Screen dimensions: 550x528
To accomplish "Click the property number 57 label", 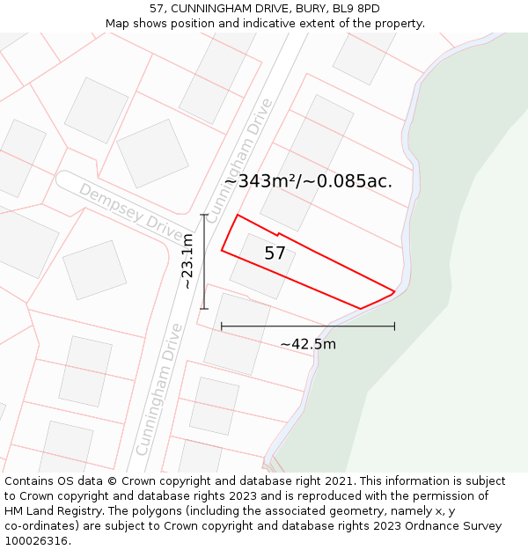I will point(275,253).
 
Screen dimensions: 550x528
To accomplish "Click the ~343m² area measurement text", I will point(260,181).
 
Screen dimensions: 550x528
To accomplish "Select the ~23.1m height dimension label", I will point(187,261).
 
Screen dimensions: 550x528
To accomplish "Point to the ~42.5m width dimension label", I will point(308,344).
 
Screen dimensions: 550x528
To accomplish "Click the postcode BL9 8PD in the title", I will point(358,9).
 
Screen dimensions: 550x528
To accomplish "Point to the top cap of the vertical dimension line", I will point(204,215).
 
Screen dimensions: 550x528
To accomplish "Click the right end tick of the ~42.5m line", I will point(394,326).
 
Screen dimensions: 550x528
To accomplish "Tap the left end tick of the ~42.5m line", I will point(222,326).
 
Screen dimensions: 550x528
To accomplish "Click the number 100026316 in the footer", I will point(36,541).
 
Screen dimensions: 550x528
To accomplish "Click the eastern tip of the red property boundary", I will point(393,290).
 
